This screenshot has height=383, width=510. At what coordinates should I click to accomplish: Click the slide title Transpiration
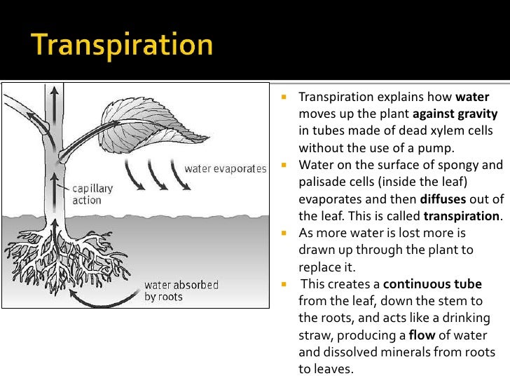point(122,46)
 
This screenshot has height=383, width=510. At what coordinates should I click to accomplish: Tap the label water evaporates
point(225,169)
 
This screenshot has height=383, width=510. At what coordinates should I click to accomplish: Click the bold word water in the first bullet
point(471,97)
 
